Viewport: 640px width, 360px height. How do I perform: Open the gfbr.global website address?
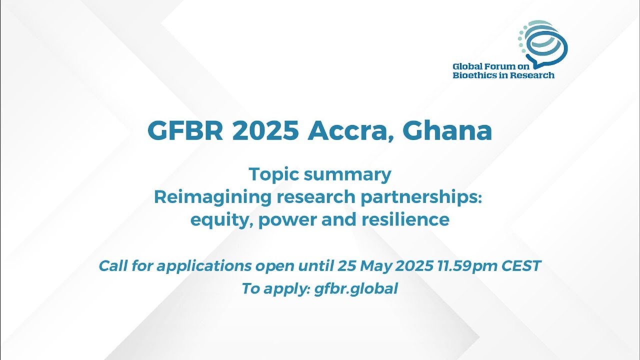click(356, 289)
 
